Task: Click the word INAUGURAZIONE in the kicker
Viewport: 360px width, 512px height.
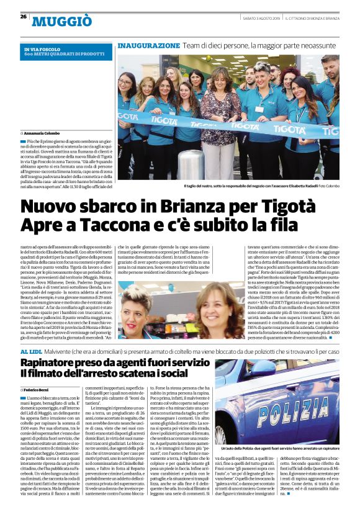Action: [148, 46]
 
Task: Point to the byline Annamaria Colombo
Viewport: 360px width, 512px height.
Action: [45, 133]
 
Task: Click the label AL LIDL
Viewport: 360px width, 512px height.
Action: [32, 351]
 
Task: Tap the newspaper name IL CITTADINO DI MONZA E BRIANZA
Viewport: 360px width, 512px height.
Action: [313, 17]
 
